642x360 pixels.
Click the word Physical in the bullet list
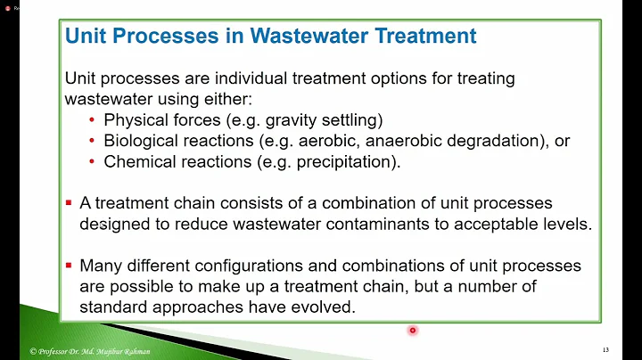(134, 119)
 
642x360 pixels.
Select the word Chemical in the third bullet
(137, 162)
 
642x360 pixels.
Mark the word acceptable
(500, 224)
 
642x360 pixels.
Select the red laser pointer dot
(413, 331)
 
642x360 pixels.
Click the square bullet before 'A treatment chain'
(69, 203)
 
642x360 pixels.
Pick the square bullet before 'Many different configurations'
(69, 266)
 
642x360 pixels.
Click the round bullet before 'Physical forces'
(93, 119)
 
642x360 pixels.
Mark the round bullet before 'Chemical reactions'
(93, 162)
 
